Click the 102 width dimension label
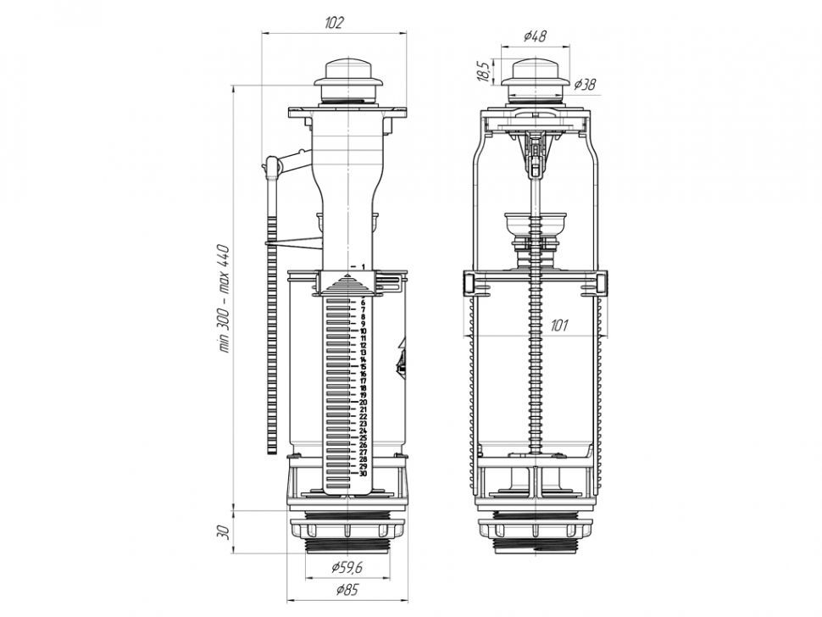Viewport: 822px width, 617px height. [334, 23]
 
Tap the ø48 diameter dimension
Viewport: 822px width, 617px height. [535, 36]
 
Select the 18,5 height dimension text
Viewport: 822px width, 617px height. [484, 71]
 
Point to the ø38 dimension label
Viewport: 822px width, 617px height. [585, 84]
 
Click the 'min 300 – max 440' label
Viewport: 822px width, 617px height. [225, 297]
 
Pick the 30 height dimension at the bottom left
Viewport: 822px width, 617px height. [224, 532]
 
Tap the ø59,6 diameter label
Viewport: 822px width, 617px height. [347, 567]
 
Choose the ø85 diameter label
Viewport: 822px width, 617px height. [347, 590]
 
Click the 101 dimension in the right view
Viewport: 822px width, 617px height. [559, 325]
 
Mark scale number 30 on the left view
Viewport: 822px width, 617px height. [363, 474]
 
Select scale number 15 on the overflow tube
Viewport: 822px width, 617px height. [363, 366]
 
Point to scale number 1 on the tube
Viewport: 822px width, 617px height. [363, 267]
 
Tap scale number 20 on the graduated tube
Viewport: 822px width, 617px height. [363, 402]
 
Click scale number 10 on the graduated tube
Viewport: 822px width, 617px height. [363, 331]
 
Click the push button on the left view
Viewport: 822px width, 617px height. [348, 80]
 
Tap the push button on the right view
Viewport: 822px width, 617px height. [535, 80]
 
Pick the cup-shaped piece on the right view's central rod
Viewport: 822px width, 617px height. [535, 224]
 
